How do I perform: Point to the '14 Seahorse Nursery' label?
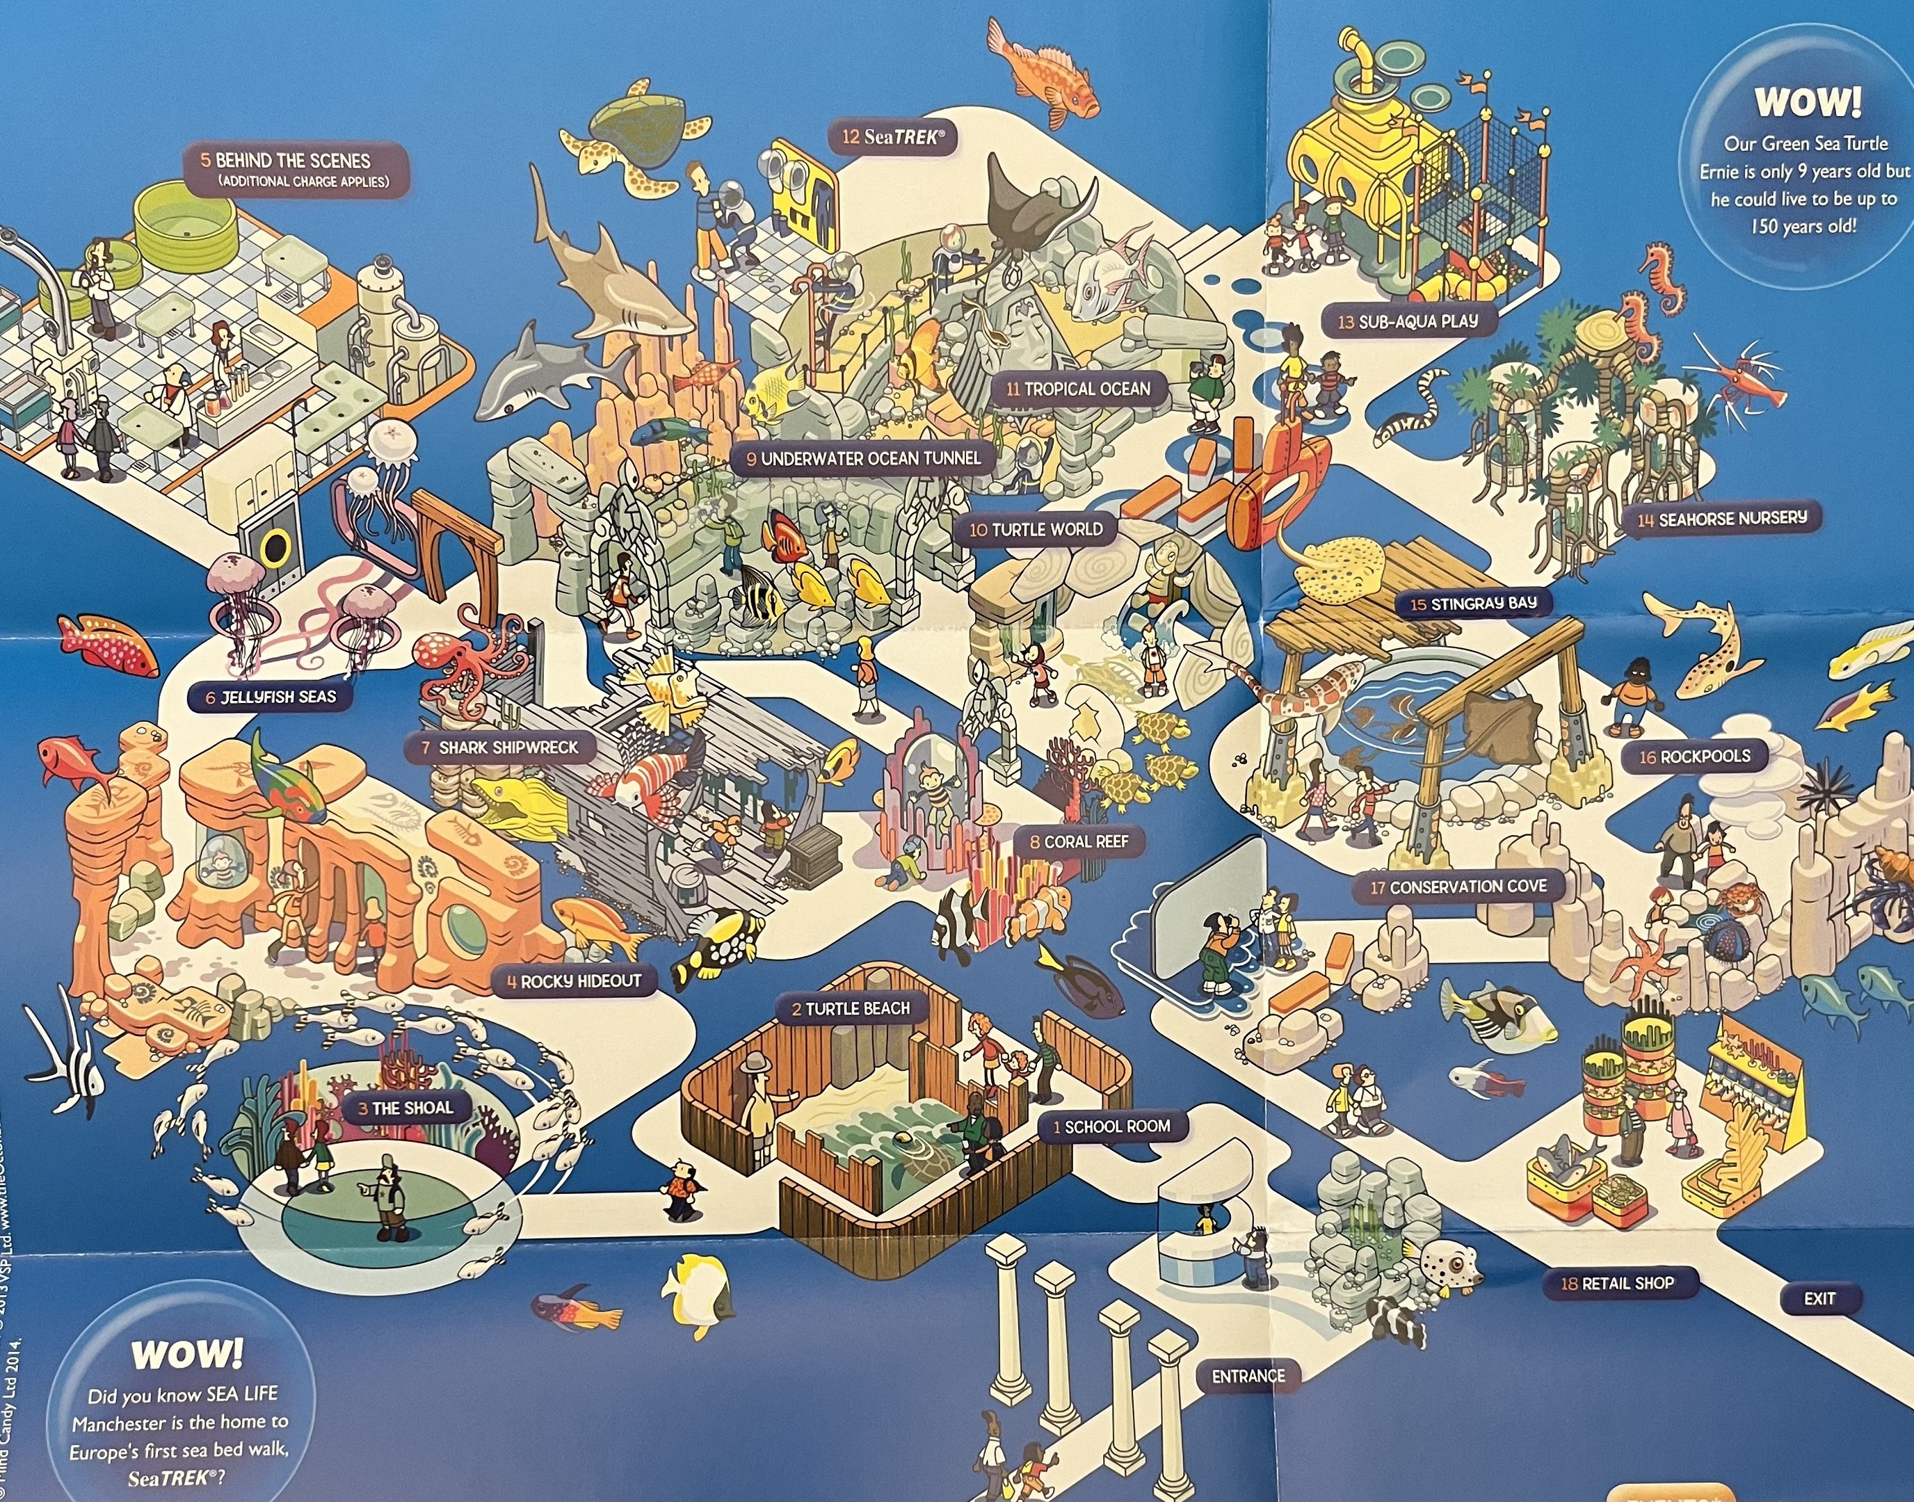(x=1721, y=519)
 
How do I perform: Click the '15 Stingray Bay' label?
(x=1472, y=604)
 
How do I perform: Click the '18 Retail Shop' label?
(x=1617, y=1284)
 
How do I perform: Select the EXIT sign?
(x=1819, y=1298)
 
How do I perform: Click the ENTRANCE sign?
(x=1248, y=1376)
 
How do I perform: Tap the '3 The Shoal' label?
(x=405, y=1108)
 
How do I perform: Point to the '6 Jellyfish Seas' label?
(x=271, y=697)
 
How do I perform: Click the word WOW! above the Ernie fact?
(x=1808, y=102)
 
